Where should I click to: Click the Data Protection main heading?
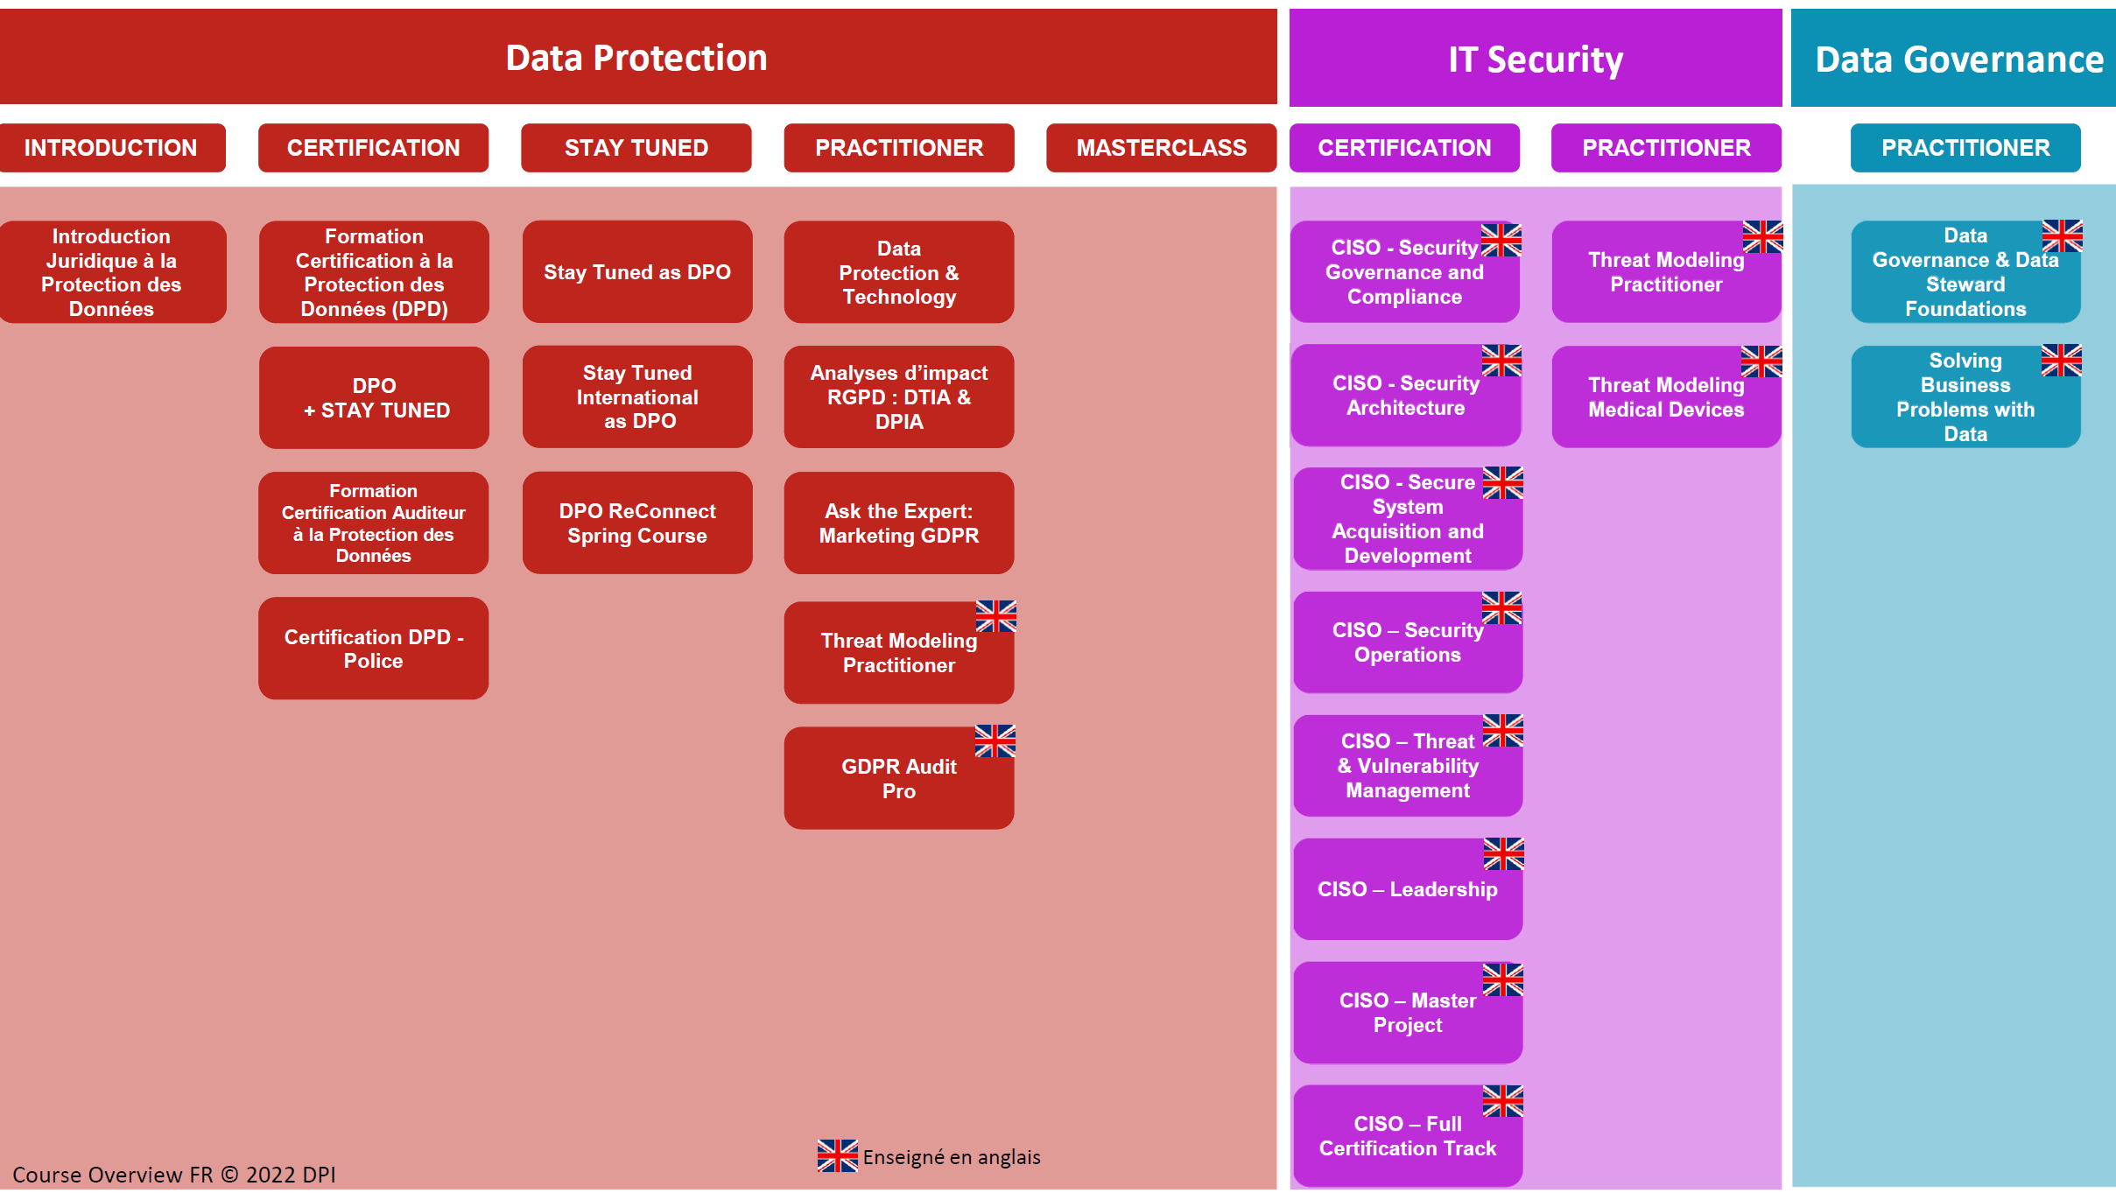point(636,58)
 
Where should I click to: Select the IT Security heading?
point(1536,59)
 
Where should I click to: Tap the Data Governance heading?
point(1958,59)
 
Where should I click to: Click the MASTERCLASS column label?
point(1161,148)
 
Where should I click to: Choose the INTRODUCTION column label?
point(111,148)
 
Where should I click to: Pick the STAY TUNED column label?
point(636,148)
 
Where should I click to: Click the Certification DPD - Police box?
point(374,649)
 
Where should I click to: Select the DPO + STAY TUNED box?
point(374,397)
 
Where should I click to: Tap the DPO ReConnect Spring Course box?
point(637,523)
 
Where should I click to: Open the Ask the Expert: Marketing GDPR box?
point(899,523)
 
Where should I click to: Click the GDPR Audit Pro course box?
point(899,778)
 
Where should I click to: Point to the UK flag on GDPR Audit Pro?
point(995,740)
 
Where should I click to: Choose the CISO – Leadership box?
point(1408,889)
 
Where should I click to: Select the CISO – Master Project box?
point(1408,1013)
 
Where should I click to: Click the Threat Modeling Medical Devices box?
point(1667,396)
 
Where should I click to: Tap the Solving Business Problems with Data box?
point(1966,396)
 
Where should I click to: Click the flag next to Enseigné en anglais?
point(838,1156)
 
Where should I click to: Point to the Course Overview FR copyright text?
point(174,1175)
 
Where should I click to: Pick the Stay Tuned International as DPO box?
point(637,396)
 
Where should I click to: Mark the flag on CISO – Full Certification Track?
point(1503,1101)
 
